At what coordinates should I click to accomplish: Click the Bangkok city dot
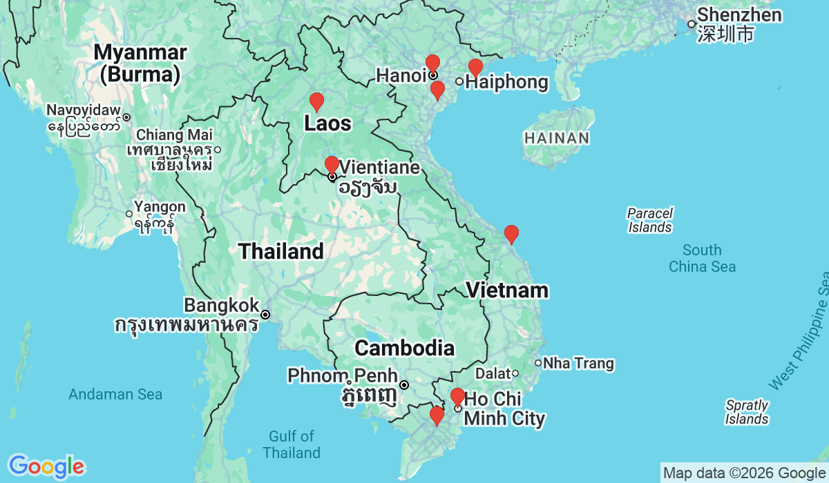click(x=265, y=315)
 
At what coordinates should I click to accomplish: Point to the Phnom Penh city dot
click(x=404, y=385)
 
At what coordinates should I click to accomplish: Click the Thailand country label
click(x=281, y=251)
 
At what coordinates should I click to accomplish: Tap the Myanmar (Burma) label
click(x=140, y=62)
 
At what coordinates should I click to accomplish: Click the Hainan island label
click(x=556, y=138)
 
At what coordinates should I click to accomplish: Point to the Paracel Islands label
click(x=650, y=220)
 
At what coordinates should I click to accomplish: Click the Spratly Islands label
click(x=747, y=412)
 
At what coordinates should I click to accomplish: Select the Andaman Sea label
click(x=115, y=395)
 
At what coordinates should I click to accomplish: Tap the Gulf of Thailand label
click(x=292, y=444)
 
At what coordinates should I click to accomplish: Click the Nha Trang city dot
click(x=538, y=363)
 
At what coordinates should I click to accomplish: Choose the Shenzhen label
click(x=739, y=15)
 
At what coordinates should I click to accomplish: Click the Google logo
click(x=46, y=466)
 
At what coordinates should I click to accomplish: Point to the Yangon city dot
click(x=129, y=214)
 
